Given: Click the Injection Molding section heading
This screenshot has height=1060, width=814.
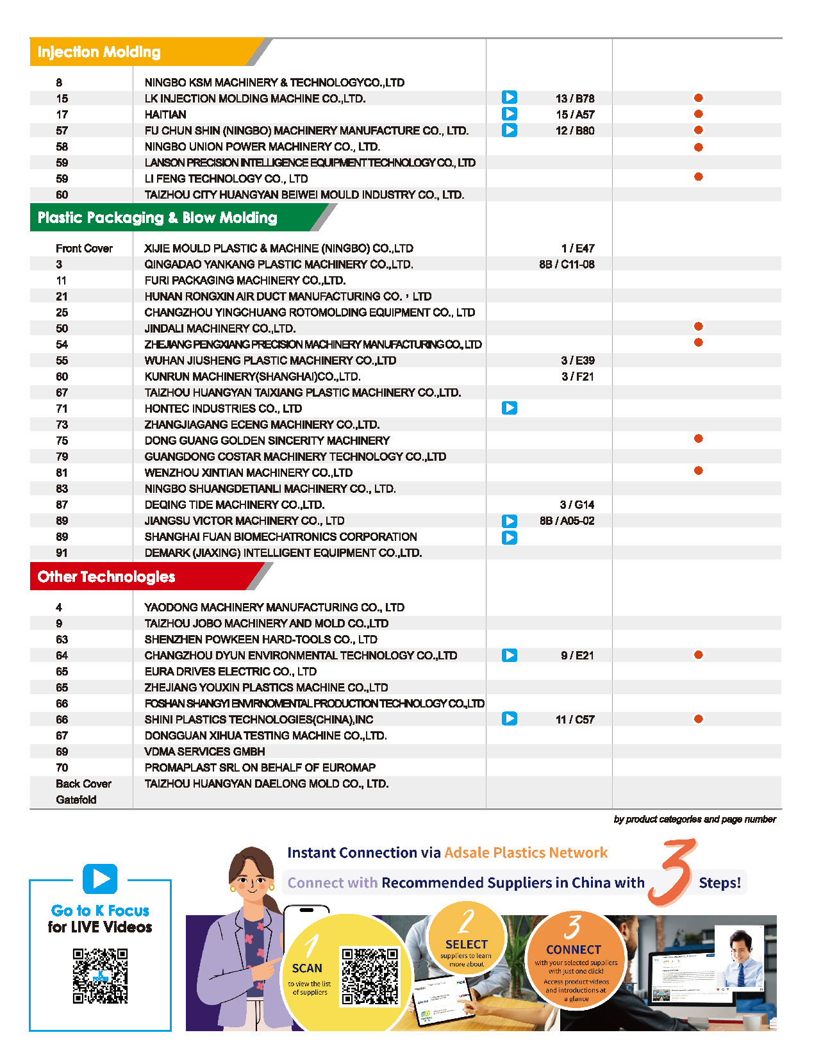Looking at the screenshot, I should [99, 53].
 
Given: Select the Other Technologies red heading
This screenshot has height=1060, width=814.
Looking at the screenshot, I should [106, 577].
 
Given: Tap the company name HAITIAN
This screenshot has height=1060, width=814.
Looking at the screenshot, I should [165, 115].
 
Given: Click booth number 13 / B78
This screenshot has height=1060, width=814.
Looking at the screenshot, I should [575, 99].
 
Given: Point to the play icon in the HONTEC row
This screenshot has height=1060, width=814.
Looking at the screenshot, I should [510, 408].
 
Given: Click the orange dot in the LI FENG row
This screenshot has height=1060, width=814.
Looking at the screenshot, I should [699, 177].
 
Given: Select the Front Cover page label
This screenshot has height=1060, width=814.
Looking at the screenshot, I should [84, 249].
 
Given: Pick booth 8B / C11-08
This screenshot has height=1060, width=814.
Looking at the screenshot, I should [567, 265].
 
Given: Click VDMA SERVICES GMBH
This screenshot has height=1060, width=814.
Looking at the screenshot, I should [204, 752].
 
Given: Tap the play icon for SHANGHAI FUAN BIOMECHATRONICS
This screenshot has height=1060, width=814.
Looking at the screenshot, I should [510, 538].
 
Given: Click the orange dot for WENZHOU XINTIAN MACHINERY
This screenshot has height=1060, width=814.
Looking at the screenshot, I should [699, 471].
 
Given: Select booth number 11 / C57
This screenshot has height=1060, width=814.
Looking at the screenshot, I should [575, 720].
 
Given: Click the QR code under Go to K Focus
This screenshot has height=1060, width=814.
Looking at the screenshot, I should [100, 975].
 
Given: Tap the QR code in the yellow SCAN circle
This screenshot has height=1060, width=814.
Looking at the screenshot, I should [370, 975].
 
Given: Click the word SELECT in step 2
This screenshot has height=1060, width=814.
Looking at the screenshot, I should [467, 945].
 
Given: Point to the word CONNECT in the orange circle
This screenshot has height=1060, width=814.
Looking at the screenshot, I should [574, 950].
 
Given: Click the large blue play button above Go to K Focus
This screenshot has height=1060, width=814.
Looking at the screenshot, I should [100, 879].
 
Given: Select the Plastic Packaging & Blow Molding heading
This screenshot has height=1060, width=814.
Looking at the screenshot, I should [157, 218].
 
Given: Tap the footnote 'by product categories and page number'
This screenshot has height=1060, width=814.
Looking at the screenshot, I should [695, 820].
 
